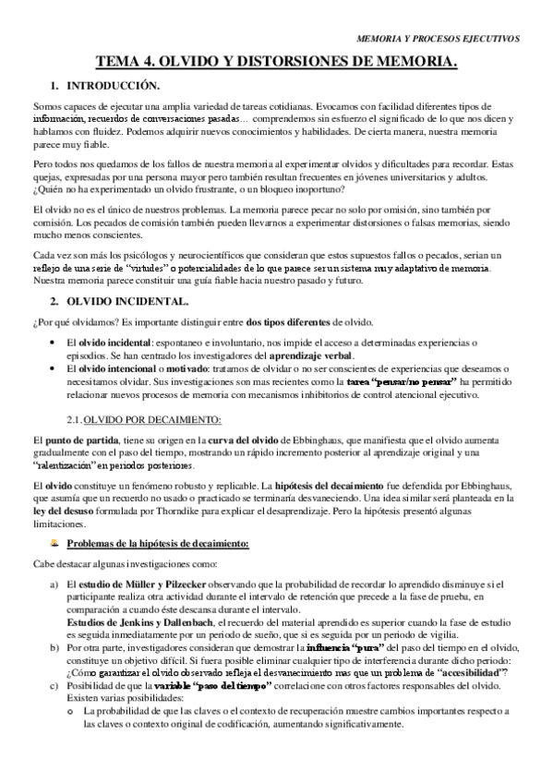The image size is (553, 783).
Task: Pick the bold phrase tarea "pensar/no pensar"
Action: (400, 381)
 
